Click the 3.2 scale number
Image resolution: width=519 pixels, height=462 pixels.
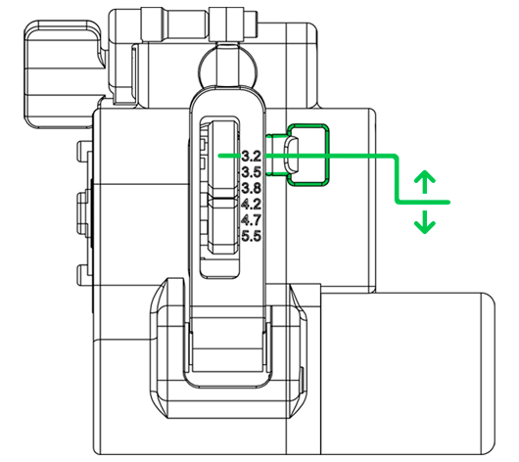(x=252, y=157)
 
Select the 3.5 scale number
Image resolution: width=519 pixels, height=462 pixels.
(x=252, y=172)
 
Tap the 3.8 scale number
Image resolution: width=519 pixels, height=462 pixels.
(x=252, y=188)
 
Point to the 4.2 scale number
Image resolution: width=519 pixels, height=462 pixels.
(x=252, y=205)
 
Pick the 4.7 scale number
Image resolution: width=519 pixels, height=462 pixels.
(x=252, y=220)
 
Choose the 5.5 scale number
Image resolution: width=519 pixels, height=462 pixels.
(x=252, y=236)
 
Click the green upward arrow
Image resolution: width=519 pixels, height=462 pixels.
(x=425, y=182)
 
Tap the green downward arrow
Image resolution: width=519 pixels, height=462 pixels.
(x=425, y=222)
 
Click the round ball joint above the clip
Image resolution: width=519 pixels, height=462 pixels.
(x=228, y=68)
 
